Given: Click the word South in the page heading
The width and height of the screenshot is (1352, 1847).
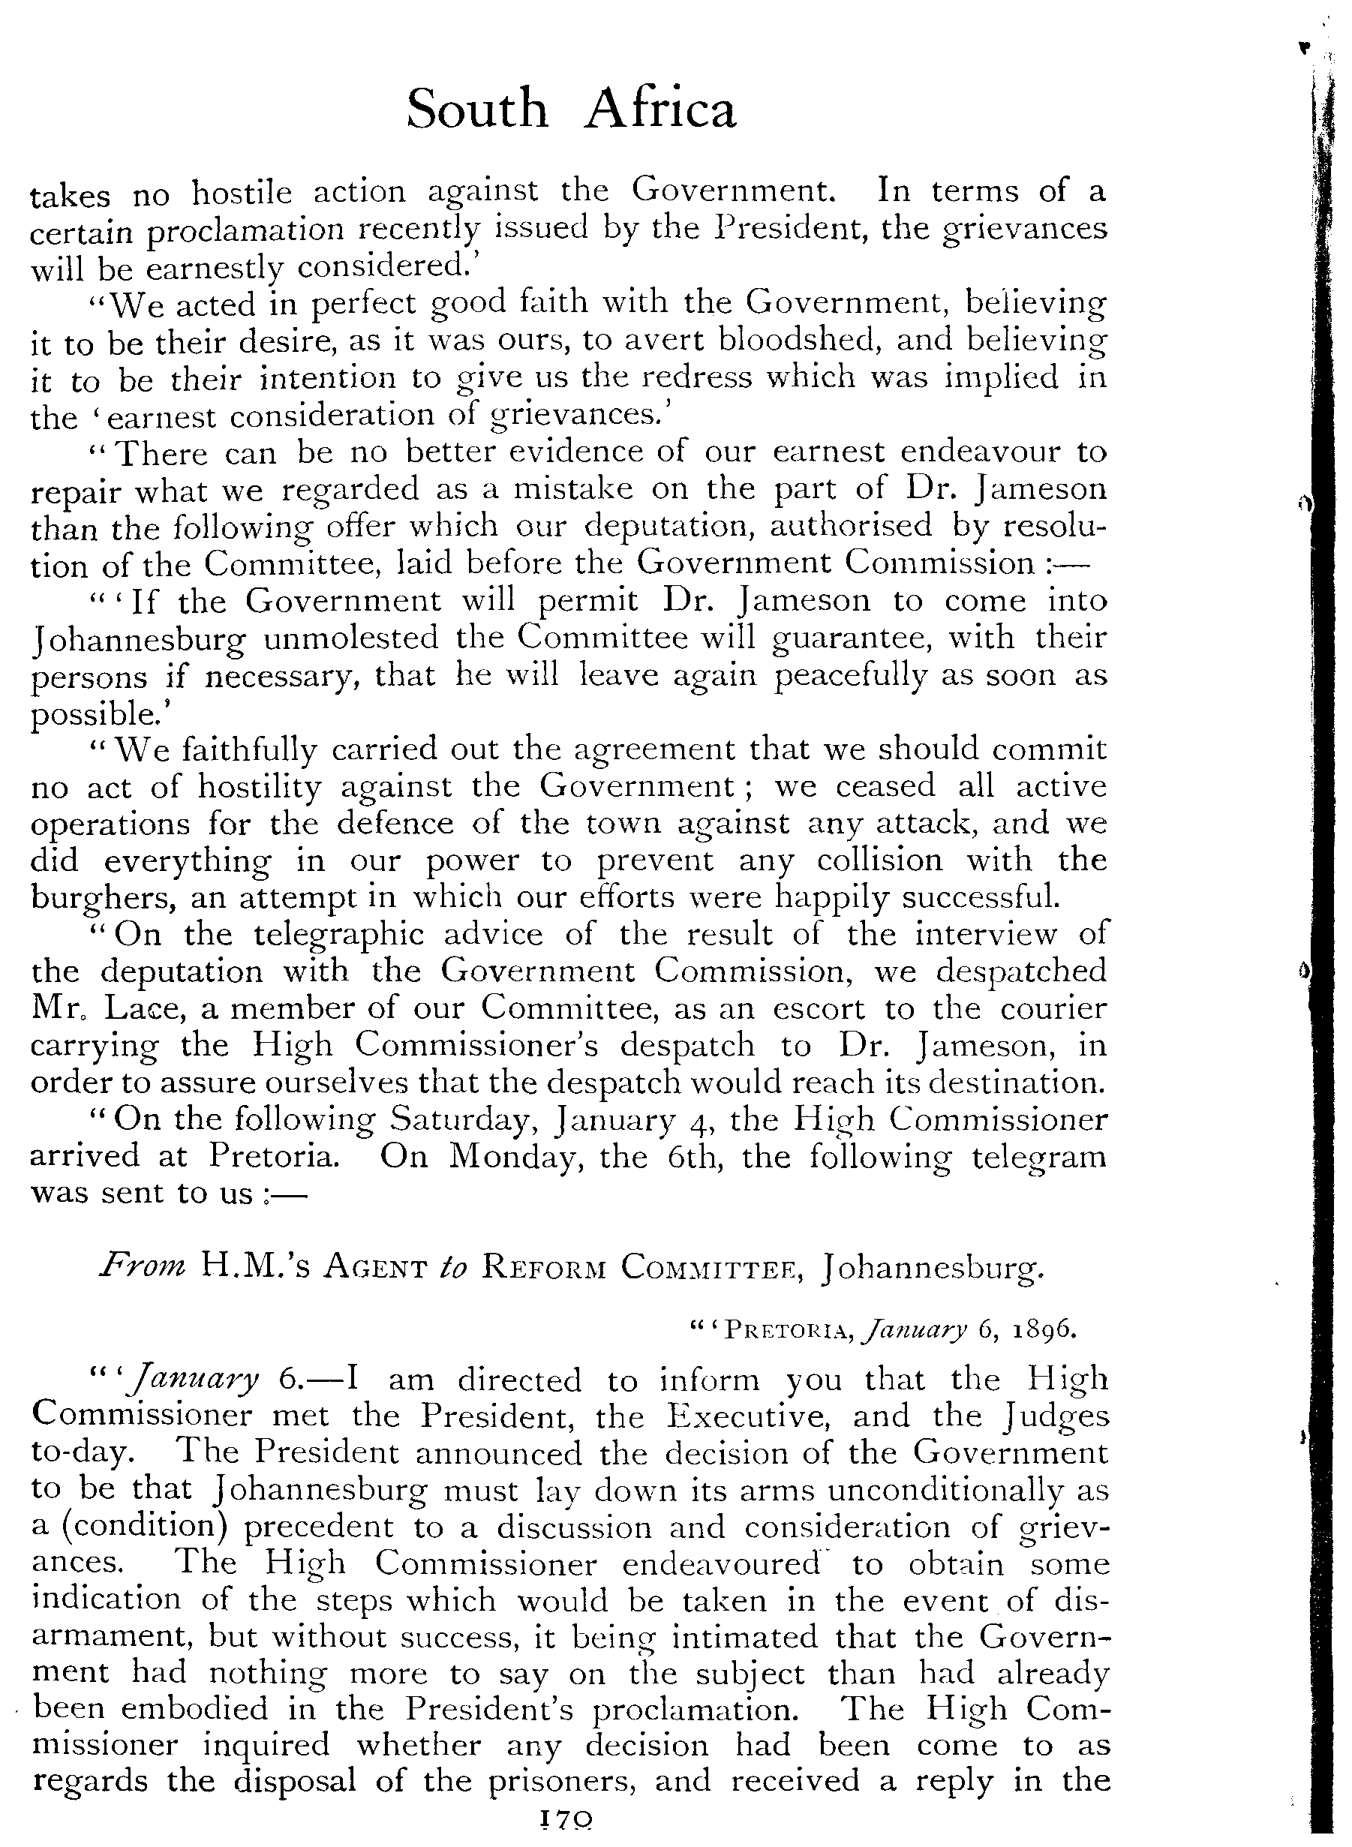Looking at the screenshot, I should (476, 110).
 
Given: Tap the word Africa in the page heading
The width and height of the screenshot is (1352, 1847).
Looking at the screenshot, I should (659, 110).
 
